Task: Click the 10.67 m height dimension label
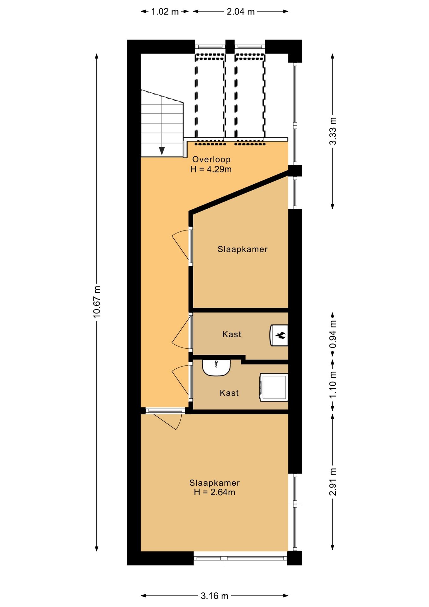tap(97, 302)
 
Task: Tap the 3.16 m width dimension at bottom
tap(214, 596)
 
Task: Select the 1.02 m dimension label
tap(165, 12)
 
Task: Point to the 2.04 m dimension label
tap(241, 12)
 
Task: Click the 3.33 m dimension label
tap(333, 131)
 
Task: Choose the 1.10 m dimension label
tap(333, 385)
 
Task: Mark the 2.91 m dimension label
tap(333, 482)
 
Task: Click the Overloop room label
tap(211, 159)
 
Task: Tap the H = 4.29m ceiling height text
tap(211, 169)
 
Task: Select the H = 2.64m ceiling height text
tap(214, 492)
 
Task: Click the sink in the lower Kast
tap(216, 368)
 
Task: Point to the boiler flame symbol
tap(281, 335)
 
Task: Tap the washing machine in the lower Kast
tap(274, 387)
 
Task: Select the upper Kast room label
tap(232, 334)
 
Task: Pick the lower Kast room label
tap(229, 393)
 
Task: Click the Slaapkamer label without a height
tap(243, 249)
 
